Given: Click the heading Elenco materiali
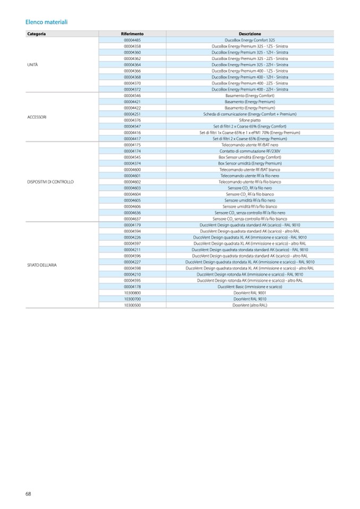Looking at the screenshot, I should [46, 22].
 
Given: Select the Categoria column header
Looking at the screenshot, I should [37, 34].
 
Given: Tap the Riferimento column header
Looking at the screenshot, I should [132, 34].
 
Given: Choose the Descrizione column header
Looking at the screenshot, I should [250, 34].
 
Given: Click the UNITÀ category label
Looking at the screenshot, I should [32, 64].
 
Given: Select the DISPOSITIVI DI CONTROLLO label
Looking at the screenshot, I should [50, 182].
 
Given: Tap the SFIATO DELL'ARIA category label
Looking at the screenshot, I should [42, 264].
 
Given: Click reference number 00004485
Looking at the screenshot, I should [132, 40].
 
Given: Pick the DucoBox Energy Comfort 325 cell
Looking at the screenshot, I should [250, 40].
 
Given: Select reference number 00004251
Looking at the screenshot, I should [132, 114].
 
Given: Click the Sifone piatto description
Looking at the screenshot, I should [250, 120].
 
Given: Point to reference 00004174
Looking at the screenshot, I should [132, 151].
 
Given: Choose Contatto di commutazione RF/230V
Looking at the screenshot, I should [250, 151].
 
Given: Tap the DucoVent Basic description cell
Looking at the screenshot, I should [250, 286].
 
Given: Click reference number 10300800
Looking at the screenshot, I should [132, 292].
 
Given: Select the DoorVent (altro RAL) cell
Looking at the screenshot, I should [250, 305].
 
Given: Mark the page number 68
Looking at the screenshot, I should [28, 494].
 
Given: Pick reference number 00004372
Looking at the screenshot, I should [132, 89].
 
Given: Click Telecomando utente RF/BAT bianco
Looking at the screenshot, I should [250, 169].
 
